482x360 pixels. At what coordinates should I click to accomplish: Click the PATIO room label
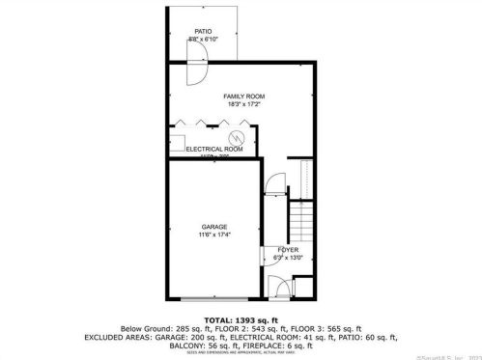[x=203, y=31]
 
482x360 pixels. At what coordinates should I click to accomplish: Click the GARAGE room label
[x=214, y=227]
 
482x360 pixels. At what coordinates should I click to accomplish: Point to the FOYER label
[x=290, y=249]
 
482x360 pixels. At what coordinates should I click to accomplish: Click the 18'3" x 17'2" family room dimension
[x=243, y=105]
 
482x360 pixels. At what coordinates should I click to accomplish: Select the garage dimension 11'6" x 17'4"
[x=214, y=235]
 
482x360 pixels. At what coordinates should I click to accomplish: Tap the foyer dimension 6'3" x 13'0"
[x=289, y=258]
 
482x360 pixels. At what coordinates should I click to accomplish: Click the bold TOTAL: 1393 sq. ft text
[x=241, y=318]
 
